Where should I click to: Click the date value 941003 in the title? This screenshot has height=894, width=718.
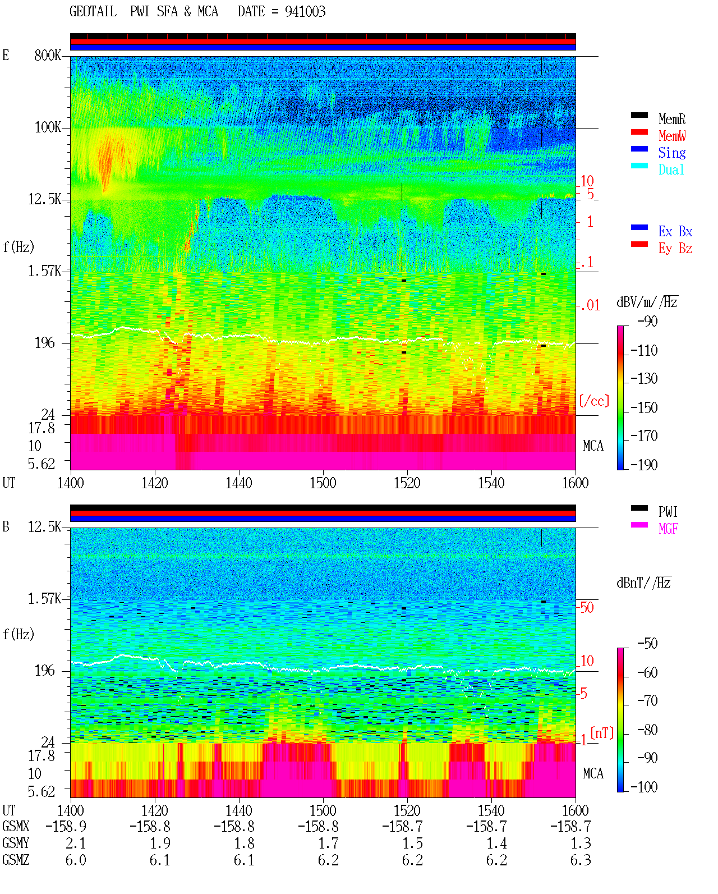pos(305,12)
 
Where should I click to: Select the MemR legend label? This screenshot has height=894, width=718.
pos(671,119)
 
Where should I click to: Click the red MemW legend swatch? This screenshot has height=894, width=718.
pos(639,132)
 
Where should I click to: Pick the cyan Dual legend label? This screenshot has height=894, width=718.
pos(671,169)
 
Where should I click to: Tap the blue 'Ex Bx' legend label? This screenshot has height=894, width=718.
pos(675,231)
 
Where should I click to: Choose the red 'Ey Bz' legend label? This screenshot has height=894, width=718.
pos(675,249)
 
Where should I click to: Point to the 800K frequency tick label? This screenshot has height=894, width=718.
pos(47,55)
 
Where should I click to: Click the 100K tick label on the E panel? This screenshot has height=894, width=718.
pos(47,127)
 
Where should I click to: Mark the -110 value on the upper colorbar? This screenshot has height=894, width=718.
pos(644,351)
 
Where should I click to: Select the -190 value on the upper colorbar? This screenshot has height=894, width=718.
pos(644,465)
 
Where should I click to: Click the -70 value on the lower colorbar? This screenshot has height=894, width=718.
pos(647,701)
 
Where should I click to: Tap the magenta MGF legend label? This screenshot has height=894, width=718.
pos(668,529)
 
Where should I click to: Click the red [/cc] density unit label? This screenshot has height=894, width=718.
pos(594,401)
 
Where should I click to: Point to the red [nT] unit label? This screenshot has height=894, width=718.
pos(602,733)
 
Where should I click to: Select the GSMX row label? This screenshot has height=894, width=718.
pos(16,826)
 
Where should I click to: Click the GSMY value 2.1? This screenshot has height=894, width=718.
pos(76,843)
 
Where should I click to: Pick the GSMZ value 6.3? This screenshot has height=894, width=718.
pos(581,860)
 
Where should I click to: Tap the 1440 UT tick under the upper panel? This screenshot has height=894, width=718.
pos(239,483)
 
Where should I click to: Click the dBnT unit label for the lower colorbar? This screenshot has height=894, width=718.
pos(643,583)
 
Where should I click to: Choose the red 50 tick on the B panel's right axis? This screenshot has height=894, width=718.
pos(587,608)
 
